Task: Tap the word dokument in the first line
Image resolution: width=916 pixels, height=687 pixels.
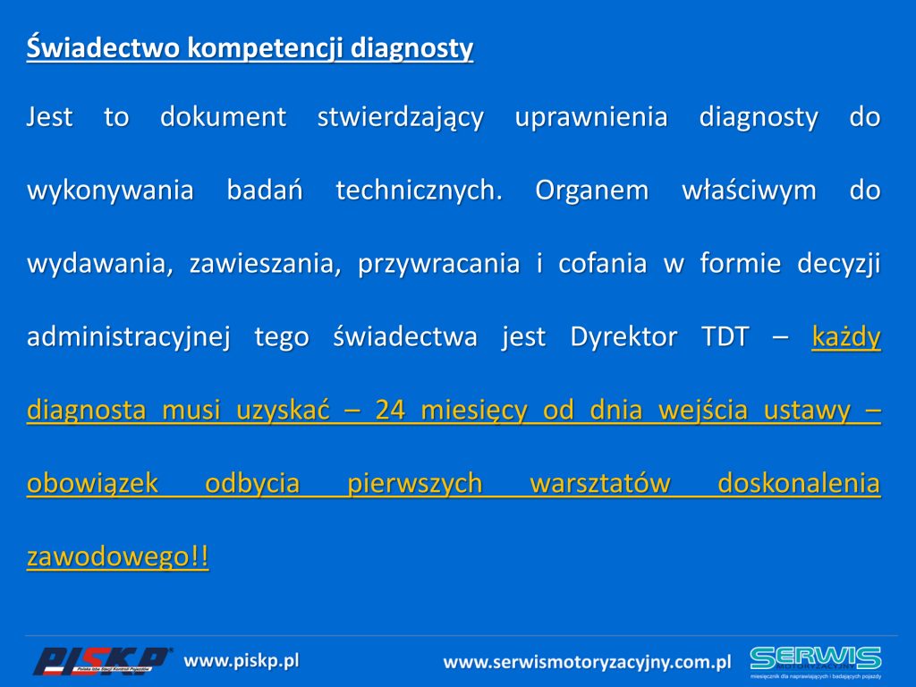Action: click(x=223, y=116)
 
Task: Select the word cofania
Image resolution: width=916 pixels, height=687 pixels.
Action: click(x=602, y=263)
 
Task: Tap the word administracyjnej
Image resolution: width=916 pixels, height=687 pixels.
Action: click(x=129, y=337)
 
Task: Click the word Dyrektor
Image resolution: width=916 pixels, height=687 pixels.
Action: click(x=623, y=337)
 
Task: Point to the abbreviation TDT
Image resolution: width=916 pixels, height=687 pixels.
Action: click(x=725, y=337)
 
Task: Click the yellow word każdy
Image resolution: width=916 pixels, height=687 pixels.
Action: click(x=846, y=337)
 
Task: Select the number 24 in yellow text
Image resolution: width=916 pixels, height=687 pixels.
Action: click(x=390, y=410)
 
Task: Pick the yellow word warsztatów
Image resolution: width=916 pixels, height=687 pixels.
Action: click(x=600, y=483)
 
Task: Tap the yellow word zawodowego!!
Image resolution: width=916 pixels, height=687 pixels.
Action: click(x=117, y=556)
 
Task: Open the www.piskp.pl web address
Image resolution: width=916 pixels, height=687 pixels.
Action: click(x=242, y=661)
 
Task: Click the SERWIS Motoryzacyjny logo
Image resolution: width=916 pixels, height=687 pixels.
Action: click(x=816, y=662)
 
